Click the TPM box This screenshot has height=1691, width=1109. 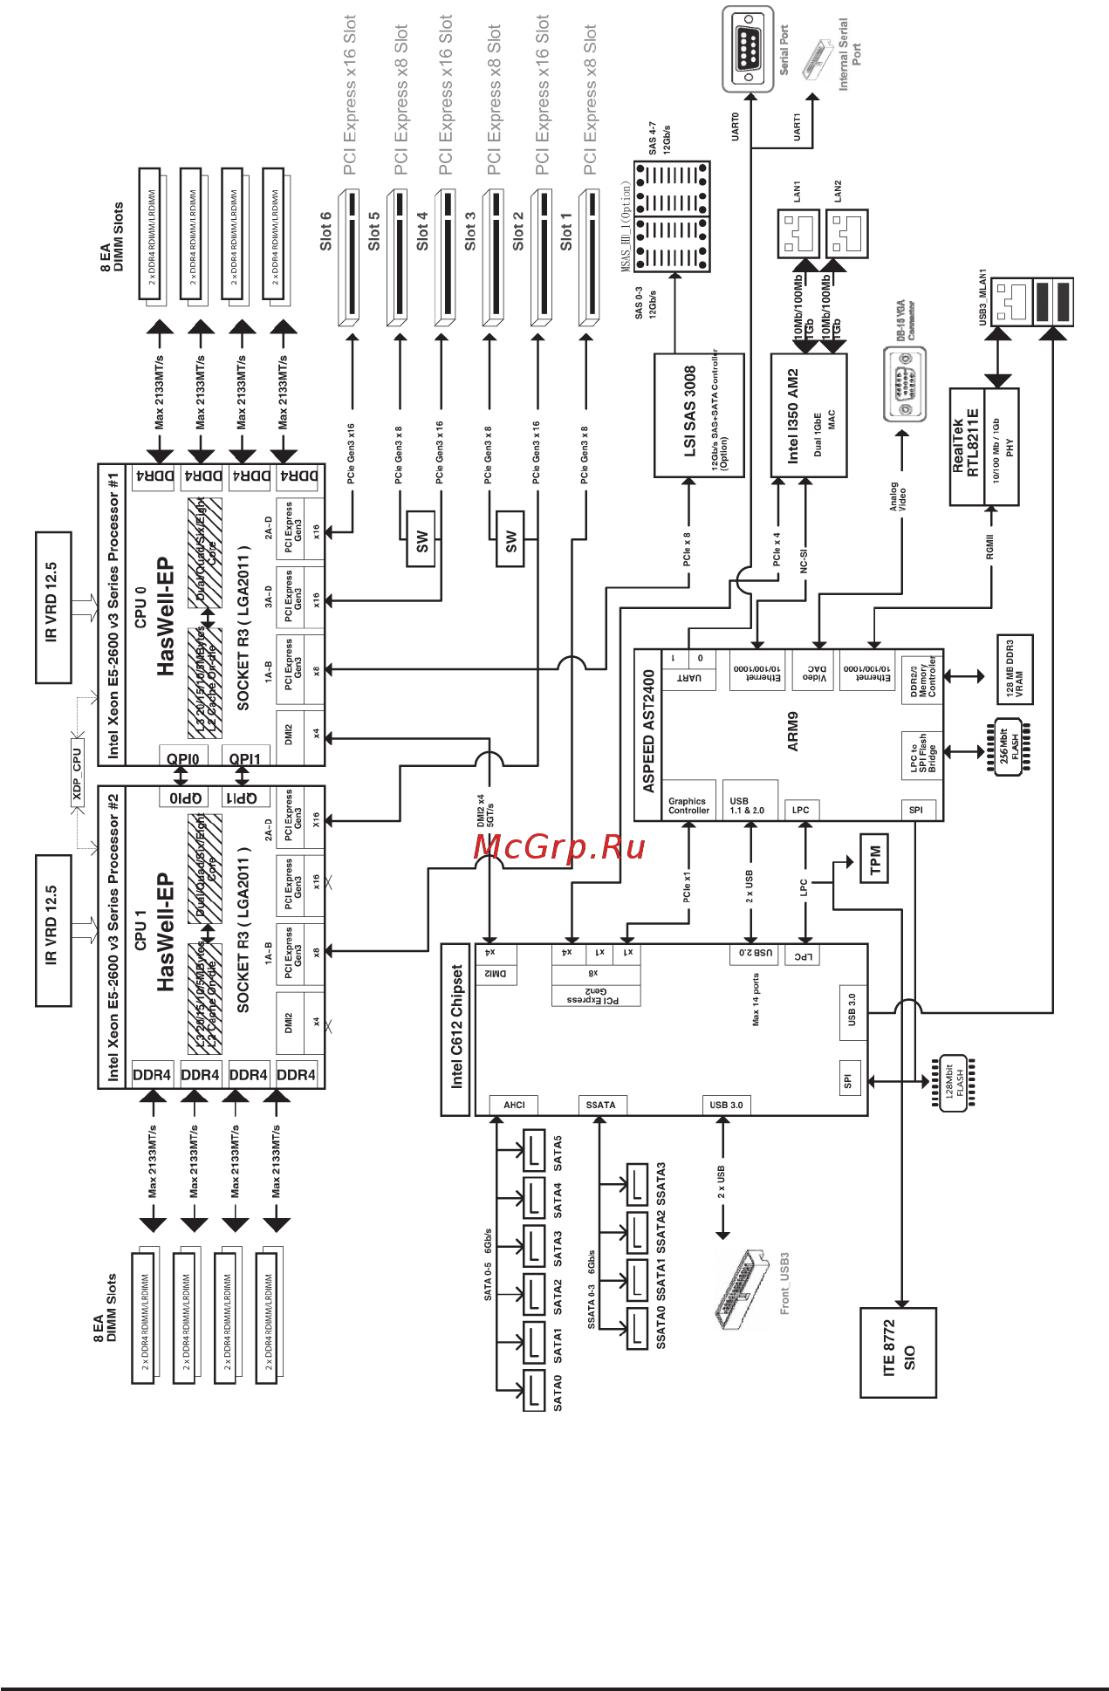874,859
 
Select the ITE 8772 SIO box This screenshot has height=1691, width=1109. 898,1352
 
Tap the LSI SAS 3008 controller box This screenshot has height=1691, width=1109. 699,415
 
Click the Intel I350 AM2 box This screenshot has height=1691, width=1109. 808,415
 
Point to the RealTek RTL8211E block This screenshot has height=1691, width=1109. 983,447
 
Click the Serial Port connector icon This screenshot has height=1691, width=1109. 748,49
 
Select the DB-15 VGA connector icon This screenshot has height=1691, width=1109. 904,384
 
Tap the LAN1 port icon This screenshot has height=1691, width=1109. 798,233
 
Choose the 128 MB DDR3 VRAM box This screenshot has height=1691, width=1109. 1015,669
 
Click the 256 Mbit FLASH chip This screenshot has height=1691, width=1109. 1009,747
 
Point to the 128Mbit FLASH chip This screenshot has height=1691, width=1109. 955,1083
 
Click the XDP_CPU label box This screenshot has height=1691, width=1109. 77,773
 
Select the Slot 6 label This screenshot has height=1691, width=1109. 325,230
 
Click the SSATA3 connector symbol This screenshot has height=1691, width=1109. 638,1183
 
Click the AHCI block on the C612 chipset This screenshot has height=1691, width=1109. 514,1105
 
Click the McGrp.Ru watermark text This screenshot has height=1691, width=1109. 559,846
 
